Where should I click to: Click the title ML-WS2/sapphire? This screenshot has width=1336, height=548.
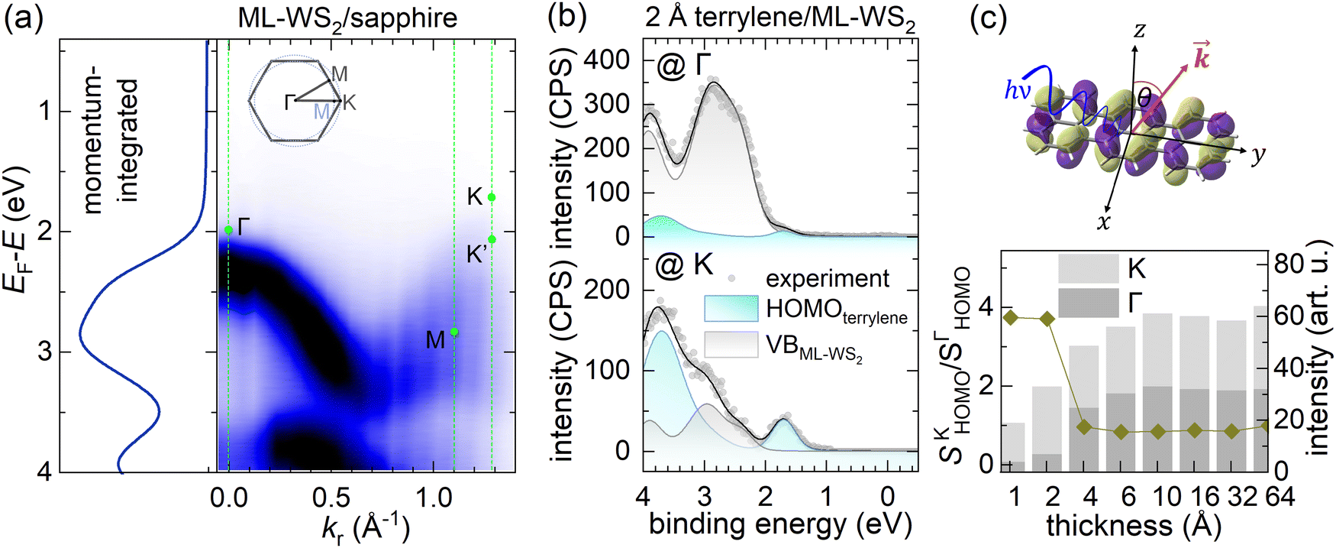(347, 18)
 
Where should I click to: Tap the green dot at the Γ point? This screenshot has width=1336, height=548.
(228, 230)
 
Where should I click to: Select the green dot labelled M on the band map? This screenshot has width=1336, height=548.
(454, 332)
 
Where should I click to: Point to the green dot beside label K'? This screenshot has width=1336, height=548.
(492, 239)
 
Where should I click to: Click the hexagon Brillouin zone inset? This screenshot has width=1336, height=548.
(296, 100)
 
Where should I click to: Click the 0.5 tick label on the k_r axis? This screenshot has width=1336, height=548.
(332, 498)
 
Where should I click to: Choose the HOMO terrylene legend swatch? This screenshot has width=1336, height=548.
(731, 309)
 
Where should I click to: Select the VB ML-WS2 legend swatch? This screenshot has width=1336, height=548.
(731, 345)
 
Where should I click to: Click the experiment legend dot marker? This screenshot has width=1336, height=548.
(732, 278)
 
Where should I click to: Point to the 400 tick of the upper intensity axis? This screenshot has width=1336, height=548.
(607, 60)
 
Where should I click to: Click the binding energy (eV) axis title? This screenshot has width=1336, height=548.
(780, 525)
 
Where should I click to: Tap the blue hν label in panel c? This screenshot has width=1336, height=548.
(1018, 92)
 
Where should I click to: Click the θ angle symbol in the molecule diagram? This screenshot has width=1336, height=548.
(1144, 97)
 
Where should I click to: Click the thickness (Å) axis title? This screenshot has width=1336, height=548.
(1134, 526)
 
